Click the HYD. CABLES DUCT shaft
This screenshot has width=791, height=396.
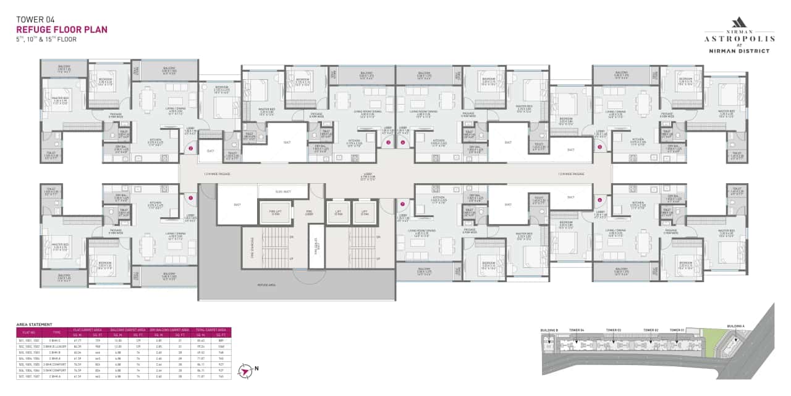pos(316,246)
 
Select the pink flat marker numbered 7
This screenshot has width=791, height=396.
pos(402,204)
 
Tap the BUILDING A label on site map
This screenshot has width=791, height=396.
pos(735,325)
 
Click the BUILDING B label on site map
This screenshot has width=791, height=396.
pos(548,330)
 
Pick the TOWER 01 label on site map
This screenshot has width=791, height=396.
pos(678,330)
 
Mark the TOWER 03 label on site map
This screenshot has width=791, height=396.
pos(613,330)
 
